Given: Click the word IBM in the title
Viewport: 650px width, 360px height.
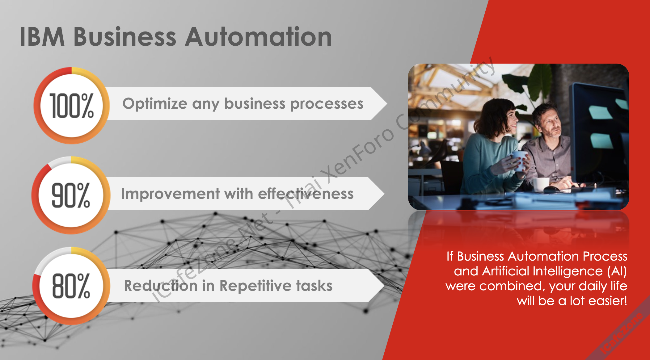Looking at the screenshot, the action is click(x=42, y=37).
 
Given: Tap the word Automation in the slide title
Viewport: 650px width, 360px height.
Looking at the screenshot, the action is click(x=258, y=37).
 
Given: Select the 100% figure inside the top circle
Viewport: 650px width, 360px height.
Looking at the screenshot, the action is click(x=72, y=106).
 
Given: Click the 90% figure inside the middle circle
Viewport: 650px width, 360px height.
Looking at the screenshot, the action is click(x=71, y=195).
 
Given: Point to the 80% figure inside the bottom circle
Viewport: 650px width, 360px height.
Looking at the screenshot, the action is click(x=71, y=286).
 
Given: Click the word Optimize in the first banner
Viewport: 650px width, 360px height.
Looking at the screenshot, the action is click(x=155, y=104).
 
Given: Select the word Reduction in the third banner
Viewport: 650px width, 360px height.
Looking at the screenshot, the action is click(x=161, y=285).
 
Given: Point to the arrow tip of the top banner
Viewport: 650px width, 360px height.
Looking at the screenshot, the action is click(x=386, y=103).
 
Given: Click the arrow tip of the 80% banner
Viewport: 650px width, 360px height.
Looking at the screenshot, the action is click(x=384, y=285).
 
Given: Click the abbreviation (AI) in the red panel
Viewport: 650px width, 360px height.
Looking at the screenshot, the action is click(x=617, y=271).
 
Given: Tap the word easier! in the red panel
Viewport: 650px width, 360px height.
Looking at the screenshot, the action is click(x=608, y=300).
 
